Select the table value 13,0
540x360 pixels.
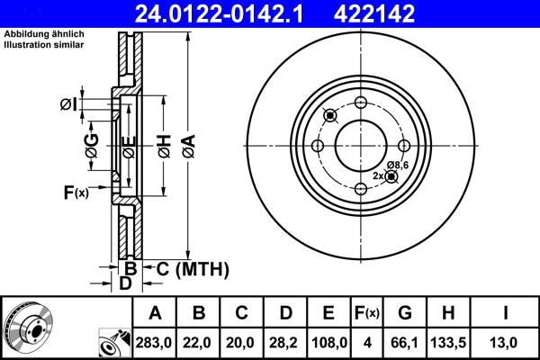508,343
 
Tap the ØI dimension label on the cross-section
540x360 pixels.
69,105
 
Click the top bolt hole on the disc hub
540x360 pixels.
360,103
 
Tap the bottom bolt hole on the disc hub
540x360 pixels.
360,188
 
